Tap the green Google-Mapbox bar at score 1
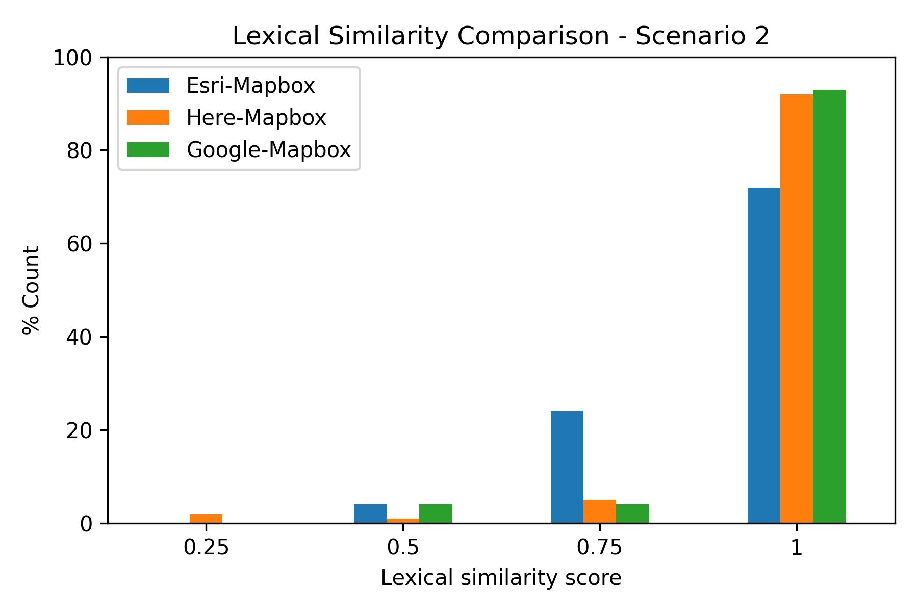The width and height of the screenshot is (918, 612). tap(829, 306)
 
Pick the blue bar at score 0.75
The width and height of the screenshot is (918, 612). tap(567, 467)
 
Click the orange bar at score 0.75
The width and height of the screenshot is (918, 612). tap(600, 512)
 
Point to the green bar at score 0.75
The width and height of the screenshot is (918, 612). tap(632, 514)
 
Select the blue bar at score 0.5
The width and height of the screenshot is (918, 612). tap(370, 514)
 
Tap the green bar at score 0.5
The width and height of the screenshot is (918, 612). tap(436, 514)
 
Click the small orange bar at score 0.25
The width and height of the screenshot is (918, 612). tap(206, 519)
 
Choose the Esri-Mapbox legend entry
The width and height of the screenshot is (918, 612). tap(250, 86)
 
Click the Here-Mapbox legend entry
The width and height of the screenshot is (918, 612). tap(256, 118)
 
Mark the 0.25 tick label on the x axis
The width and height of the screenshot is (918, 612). tap(206, 548)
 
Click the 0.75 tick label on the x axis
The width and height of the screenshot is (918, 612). tap(600, 548)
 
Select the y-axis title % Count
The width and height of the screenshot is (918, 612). tap(32, 290)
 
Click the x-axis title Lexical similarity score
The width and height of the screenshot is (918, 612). tap(501, 578)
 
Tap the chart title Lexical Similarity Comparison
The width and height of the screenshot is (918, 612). tap(501, 36)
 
